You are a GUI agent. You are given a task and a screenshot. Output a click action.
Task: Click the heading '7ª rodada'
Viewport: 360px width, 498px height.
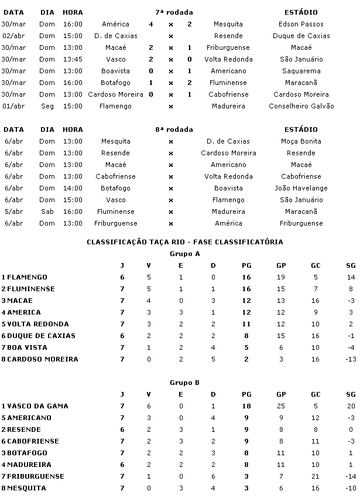click(x=174, y=12)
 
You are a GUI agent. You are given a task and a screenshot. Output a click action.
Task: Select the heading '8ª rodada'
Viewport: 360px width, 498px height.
click(x=174, y=129)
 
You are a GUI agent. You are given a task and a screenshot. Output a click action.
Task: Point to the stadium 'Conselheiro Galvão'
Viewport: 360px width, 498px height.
click(x=301, y=106)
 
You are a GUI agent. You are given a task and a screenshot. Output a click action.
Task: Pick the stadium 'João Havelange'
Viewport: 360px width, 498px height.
click(x=301, y=188)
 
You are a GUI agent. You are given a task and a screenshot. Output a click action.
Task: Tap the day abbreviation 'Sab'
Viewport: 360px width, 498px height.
click(x=47, y=212)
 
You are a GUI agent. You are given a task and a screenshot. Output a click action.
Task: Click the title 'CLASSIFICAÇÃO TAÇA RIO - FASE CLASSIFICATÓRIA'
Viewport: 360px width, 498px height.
click(x=184, y=242)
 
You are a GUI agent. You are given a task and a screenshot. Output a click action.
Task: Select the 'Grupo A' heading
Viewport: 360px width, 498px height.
click(x=184, y=254)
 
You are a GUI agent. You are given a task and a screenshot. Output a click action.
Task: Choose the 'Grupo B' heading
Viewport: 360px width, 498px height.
click(x=184, y=383)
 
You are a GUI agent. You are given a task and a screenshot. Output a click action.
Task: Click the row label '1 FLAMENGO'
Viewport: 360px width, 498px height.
click(x=25, y=277)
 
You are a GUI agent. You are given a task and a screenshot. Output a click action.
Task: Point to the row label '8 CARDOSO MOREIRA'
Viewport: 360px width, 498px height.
click(x=40, y=359)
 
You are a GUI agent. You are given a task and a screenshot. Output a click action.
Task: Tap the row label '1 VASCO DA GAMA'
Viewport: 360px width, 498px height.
click(x=35, y=406)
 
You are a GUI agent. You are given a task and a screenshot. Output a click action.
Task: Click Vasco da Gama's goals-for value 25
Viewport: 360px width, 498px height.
click(x=281, y=406)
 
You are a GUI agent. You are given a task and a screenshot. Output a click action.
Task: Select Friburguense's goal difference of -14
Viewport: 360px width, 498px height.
click(x=351, y=476)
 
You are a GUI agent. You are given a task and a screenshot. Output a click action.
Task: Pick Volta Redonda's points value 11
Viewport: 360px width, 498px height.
click(x=246, y=324)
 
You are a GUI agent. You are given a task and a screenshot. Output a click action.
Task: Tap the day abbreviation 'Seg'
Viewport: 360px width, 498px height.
click(x=47, y=106)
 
